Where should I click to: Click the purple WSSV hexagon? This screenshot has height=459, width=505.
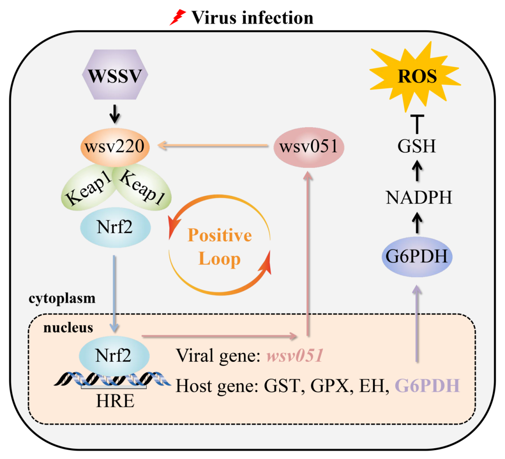pyautogui.click(x=115, y=76)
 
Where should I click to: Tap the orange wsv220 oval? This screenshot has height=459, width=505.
pyautogui.click(x=115, y=147)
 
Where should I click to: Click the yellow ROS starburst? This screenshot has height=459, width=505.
pyautogui.click(x=417, y=76)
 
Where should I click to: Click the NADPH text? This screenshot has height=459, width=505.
pyautogui.click(x=419, y=198)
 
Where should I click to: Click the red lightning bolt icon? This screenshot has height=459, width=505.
pyautogui.click(x=178, y=17)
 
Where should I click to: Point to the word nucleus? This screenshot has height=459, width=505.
pyautogui.click(x=68, y=328)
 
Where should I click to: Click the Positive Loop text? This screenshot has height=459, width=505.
pyautogui.click(x=220, y=247)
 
